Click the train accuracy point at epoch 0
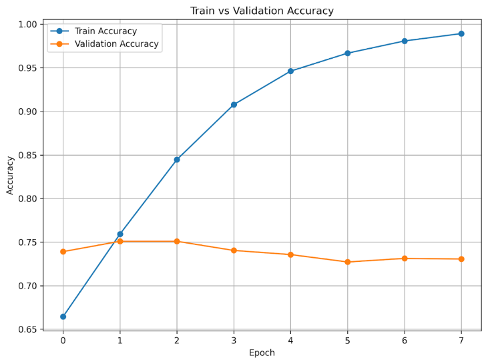[63, 317]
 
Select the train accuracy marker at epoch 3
[234, 105]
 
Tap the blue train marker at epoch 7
[461, 33]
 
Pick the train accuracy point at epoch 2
[177, 160]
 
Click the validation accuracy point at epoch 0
[63, 252]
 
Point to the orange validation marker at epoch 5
[347, 262]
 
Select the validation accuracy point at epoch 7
[461, 259]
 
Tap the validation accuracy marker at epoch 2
[177, 241]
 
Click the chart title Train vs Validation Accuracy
[262, 11]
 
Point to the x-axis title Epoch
[262, 353]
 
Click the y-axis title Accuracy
[10, 176]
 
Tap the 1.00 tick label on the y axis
[27, 24]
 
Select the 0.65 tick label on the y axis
[27, 329]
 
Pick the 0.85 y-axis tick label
[27, 155]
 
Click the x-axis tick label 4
[290, 341]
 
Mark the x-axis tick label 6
[405, 341]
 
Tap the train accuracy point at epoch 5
[347, 53]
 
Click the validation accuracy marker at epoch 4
[290, 254]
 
